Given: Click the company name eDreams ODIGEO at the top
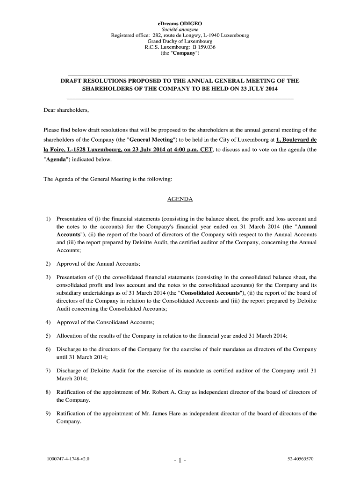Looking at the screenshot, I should click(180, 22).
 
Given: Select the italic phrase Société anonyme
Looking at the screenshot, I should click(180, 29).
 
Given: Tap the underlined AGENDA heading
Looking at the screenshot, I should click(180, 199).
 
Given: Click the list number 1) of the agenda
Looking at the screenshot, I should click(48, 218).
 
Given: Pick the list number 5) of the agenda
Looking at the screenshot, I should click(48, 336).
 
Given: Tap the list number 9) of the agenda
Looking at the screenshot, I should click(48, 414).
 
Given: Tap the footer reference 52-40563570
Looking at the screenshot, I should click(300, 459).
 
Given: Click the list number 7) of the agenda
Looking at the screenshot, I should click(48, 370).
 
